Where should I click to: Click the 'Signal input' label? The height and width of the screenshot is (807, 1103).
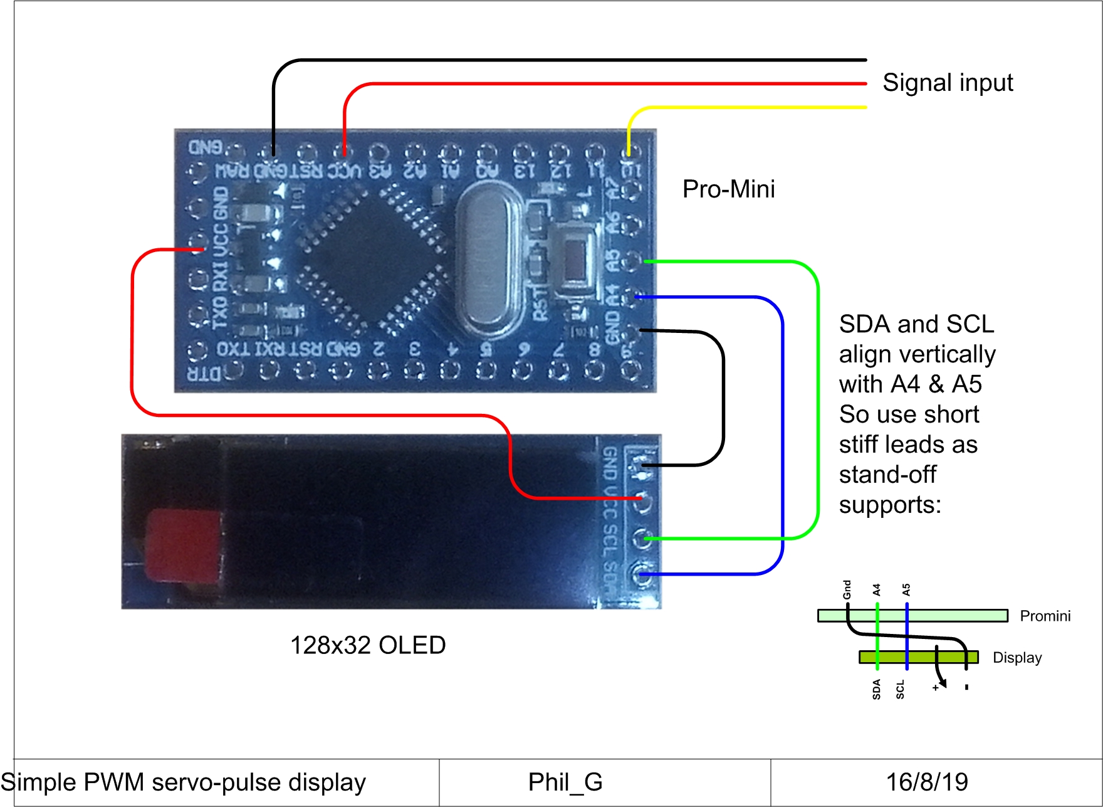(947, 83)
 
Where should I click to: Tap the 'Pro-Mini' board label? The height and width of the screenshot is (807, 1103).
(728, 189)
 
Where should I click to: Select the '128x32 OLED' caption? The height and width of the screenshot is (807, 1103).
(368, 645)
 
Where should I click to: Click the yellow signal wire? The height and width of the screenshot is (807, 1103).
(752, 108)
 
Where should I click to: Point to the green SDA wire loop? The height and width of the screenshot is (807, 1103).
(817, 401)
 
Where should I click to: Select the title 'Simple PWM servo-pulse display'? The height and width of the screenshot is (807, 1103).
(183, 783)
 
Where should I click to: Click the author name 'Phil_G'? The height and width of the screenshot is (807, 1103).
(565, 783)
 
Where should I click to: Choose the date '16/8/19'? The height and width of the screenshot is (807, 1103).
(926, 783)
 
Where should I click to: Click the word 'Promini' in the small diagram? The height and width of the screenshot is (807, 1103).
(1045, 616)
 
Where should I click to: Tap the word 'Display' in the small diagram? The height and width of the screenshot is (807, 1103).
(1017, 658)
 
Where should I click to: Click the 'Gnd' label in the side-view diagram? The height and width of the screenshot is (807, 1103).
(847, 589)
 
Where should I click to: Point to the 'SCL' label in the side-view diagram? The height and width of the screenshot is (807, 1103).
(901, 689)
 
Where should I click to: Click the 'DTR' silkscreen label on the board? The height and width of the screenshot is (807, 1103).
(204, 374)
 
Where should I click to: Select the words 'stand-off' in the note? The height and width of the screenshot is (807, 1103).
(887, 475)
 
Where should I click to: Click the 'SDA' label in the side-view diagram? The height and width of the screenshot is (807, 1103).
(876, 689)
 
